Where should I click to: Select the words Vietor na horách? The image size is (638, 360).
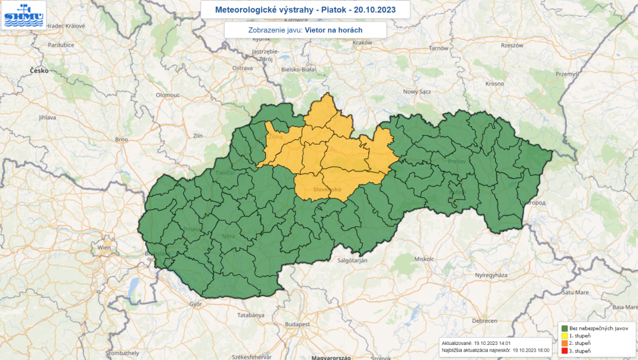tap(333, 30)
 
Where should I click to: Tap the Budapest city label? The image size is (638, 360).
tap(298, 324)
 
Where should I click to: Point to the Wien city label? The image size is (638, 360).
tap(104, 248)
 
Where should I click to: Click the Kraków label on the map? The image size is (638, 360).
tap(363, 42)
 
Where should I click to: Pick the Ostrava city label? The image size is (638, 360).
tap(242, 67)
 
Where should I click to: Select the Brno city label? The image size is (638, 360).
tap(121, 139)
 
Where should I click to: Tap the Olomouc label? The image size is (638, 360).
tap(168, 94)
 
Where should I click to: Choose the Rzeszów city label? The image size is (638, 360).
tap(512, 45)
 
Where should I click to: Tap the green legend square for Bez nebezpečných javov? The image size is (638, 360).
tap(565, 328)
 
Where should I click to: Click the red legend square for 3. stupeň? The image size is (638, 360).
tap(565, 351)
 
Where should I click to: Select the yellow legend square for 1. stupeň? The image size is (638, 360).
tap(565, 335)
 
